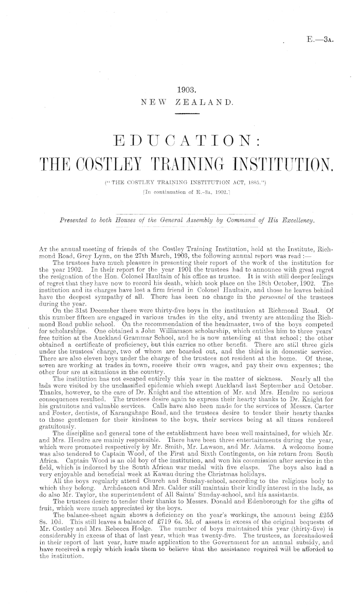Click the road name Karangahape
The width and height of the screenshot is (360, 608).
99,390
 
